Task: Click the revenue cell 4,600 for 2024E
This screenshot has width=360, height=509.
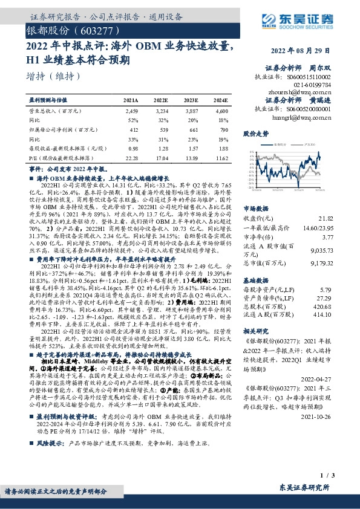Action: (x=221, y=112)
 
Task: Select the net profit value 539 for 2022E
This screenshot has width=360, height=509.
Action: (x=162, y=129)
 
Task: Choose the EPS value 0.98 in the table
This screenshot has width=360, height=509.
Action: (x=133, y=148)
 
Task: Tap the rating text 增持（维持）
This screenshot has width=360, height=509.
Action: (x=54, y=77)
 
